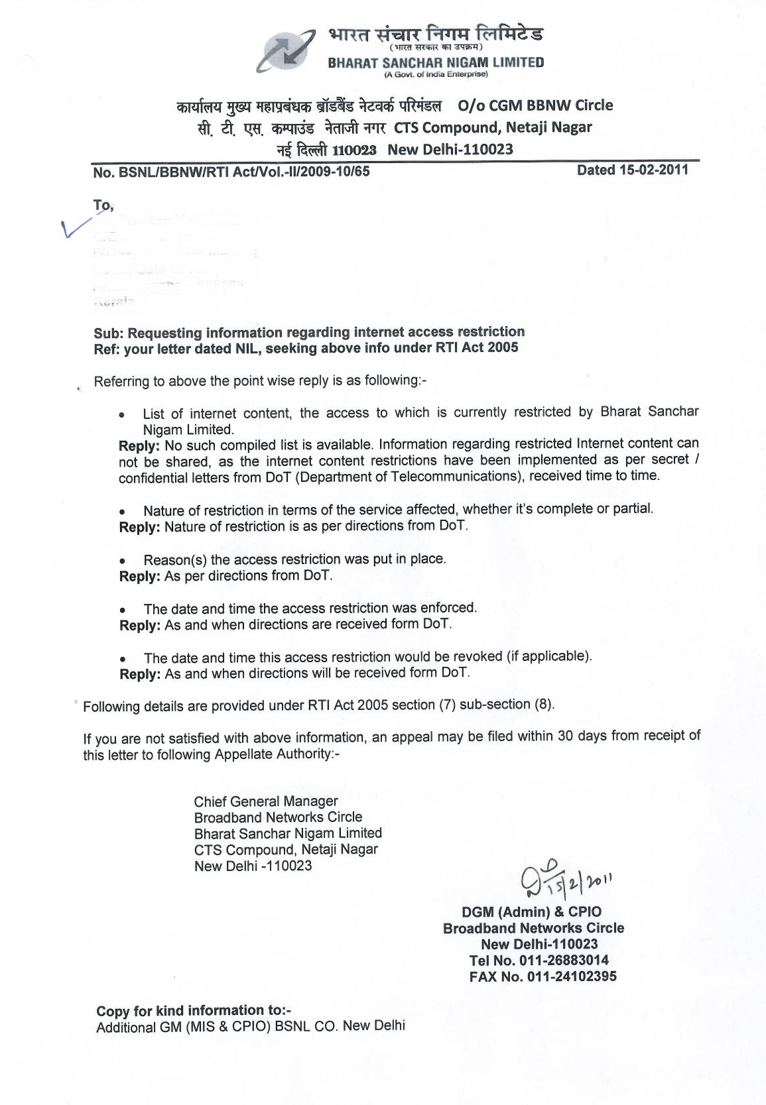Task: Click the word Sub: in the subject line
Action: coord(108,333)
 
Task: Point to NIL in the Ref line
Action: coord(243,348)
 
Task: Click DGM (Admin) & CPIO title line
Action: coord(532,911)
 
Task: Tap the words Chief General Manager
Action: coord(266,801)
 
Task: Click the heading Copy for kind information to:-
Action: coord(194,1010)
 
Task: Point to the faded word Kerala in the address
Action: coord(113,302)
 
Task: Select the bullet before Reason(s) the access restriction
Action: coord(122,561)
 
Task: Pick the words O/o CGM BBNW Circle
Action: coord(535,105)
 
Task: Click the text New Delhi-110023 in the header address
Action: coord(450,149)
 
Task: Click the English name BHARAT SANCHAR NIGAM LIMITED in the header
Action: coord(436,63)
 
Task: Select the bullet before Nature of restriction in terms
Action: coord(122,512)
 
